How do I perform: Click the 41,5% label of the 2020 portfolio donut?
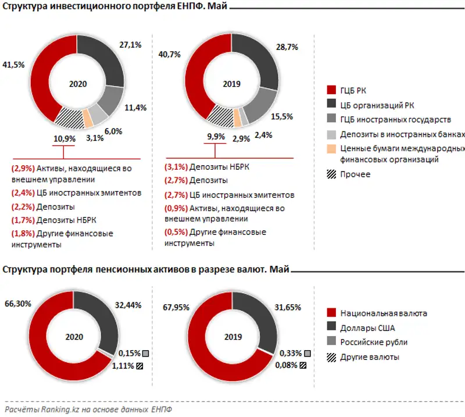[13, 65]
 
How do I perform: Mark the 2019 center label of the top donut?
[232, 84]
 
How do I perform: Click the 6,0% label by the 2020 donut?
[113, 131]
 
